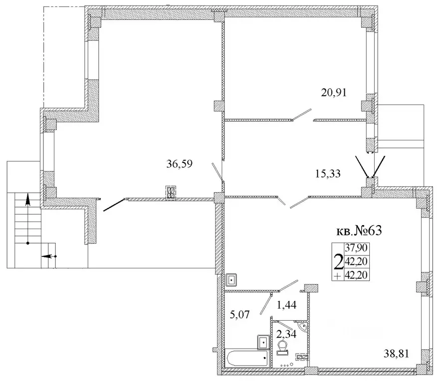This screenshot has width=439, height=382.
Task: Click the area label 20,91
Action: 334,92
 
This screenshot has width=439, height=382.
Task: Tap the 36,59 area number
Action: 179,164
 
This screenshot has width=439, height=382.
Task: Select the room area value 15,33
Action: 328,174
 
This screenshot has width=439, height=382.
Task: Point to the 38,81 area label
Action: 396,354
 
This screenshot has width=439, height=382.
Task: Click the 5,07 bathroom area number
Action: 240,315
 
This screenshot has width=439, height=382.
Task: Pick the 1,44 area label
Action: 287,305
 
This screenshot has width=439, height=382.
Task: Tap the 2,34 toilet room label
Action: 286,334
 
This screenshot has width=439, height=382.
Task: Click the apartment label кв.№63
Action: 359,231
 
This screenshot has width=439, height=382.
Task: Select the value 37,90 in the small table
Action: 356,248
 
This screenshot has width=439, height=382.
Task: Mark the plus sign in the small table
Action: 338,276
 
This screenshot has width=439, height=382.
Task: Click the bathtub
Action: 248,358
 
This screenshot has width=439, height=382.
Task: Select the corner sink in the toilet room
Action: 303,327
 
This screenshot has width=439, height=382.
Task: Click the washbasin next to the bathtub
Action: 263,342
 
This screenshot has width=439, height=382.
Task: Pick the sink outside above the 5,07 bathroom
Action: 232,279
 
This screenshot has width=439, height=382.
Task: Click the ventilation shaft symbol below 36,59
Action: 171,193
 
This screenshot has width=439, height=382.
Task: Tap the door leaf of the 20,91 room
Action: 301,115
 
